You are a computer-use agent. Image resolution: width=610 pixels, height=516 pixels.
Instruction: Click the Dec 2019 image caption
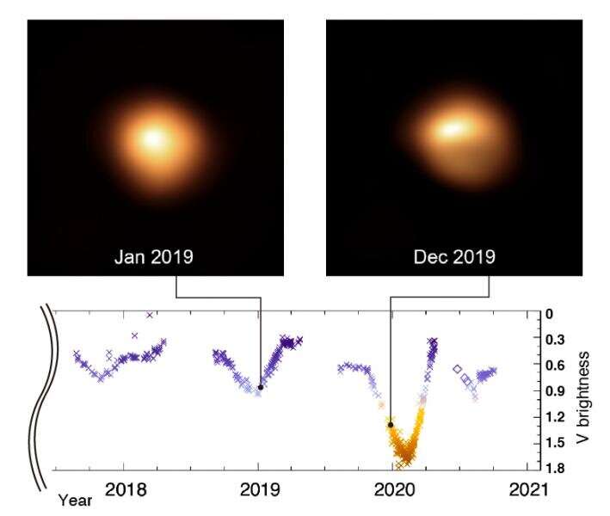pyautogui.click(x=454, y=256)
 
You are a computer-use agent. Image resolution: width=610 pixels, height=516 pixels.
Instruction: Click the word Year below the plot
pyautogui.click(x=75, y=499)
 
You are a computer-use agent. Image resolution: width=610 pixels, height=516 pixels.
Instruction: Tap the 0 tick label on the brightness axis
pyautogui.click(x=549, y=315)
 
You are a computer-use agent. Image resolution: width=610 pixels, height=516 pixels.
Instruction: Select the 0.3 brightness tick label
pyautogui.click(x=552, y=340)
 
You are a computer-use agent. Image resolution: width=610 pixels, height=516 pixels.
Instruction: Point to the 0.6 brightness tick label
pyautogui.click(x=552, y=365)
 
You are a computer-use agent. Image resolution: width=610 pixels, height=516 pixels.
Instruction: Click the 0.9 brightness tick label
pyautogui.click(x=552, y=391)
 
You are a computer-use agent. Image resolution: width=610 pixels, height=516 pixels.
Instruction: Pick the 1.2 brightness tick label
pyautogui.click(x=552, y=417)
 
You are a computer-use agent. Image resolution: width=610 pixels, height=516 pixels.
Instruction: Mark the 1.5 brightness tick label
pyautogui.click(x=552, y=443)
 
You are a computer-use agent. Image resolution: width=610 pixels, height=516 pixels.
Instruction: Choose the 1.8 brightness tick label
pyautogui.click(x=552, y=469)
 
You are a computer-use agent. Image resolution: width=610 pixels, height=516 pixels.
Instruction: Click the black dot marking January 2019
pyautogui.click(x=261, y=388)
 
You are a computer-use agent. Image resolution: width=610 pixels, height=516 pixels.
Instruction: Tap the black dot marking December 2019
pyautogui.click(x=391, y=425)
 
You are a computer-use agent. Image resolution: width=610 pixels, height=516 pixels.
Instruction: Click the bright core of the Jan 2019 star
pyautogui.click(x=156, y=138)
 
